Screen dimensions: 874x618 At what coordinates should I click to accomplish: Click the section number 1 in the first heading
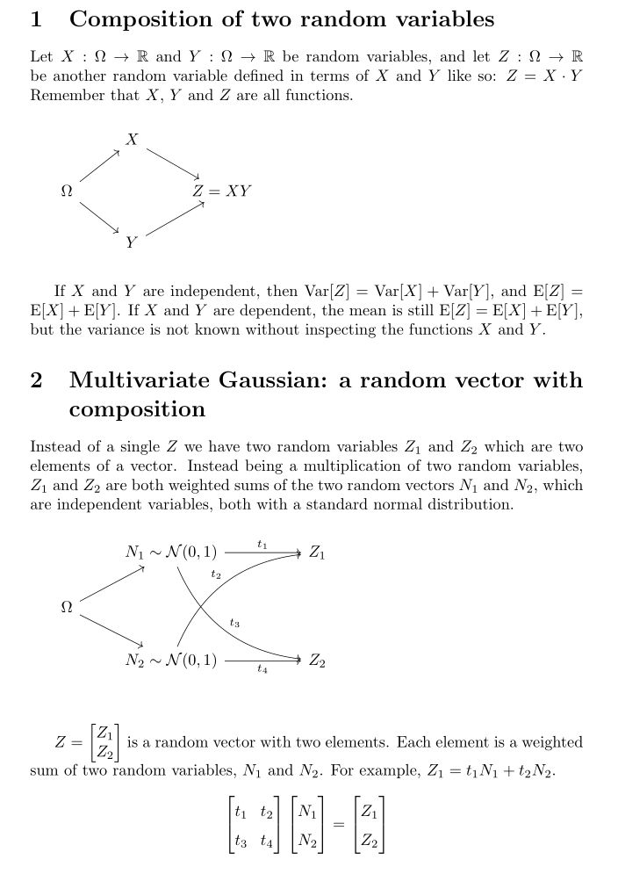point(36,19)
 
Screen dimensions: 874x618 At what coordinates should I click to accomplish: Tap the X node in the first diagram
point(132,139)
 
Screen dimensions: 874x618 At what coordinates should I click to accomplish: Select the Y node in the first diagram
point(132,242)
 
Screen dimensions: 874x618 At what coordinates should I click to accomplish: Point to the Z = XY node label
point(222,191)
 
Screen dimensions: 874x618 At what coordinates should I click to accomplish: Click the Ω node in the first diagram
point(66,191)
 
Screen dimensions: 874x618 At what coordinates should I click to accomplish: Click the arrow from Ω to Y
point(98,217)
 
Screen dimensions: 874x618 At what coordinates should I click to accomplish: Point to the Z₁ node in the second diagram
point(317,553)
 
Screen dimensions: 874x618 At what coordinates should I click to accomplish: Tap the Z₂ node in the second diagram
point(317,661)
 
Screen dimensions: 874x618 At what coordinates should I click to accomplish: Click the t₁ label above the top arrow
point(262,545)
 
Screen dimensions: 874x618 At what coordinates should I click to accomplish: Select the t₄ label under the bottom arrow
point(262,669)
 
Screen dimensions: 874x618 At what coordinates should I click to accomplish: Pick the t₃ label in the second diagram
point(234,623)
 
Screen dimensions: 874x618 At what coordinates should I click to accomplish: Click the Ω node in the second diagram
point(66,607)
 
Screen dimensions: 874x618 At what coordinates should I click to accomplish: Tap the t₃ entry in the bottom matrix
point(241,841)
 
